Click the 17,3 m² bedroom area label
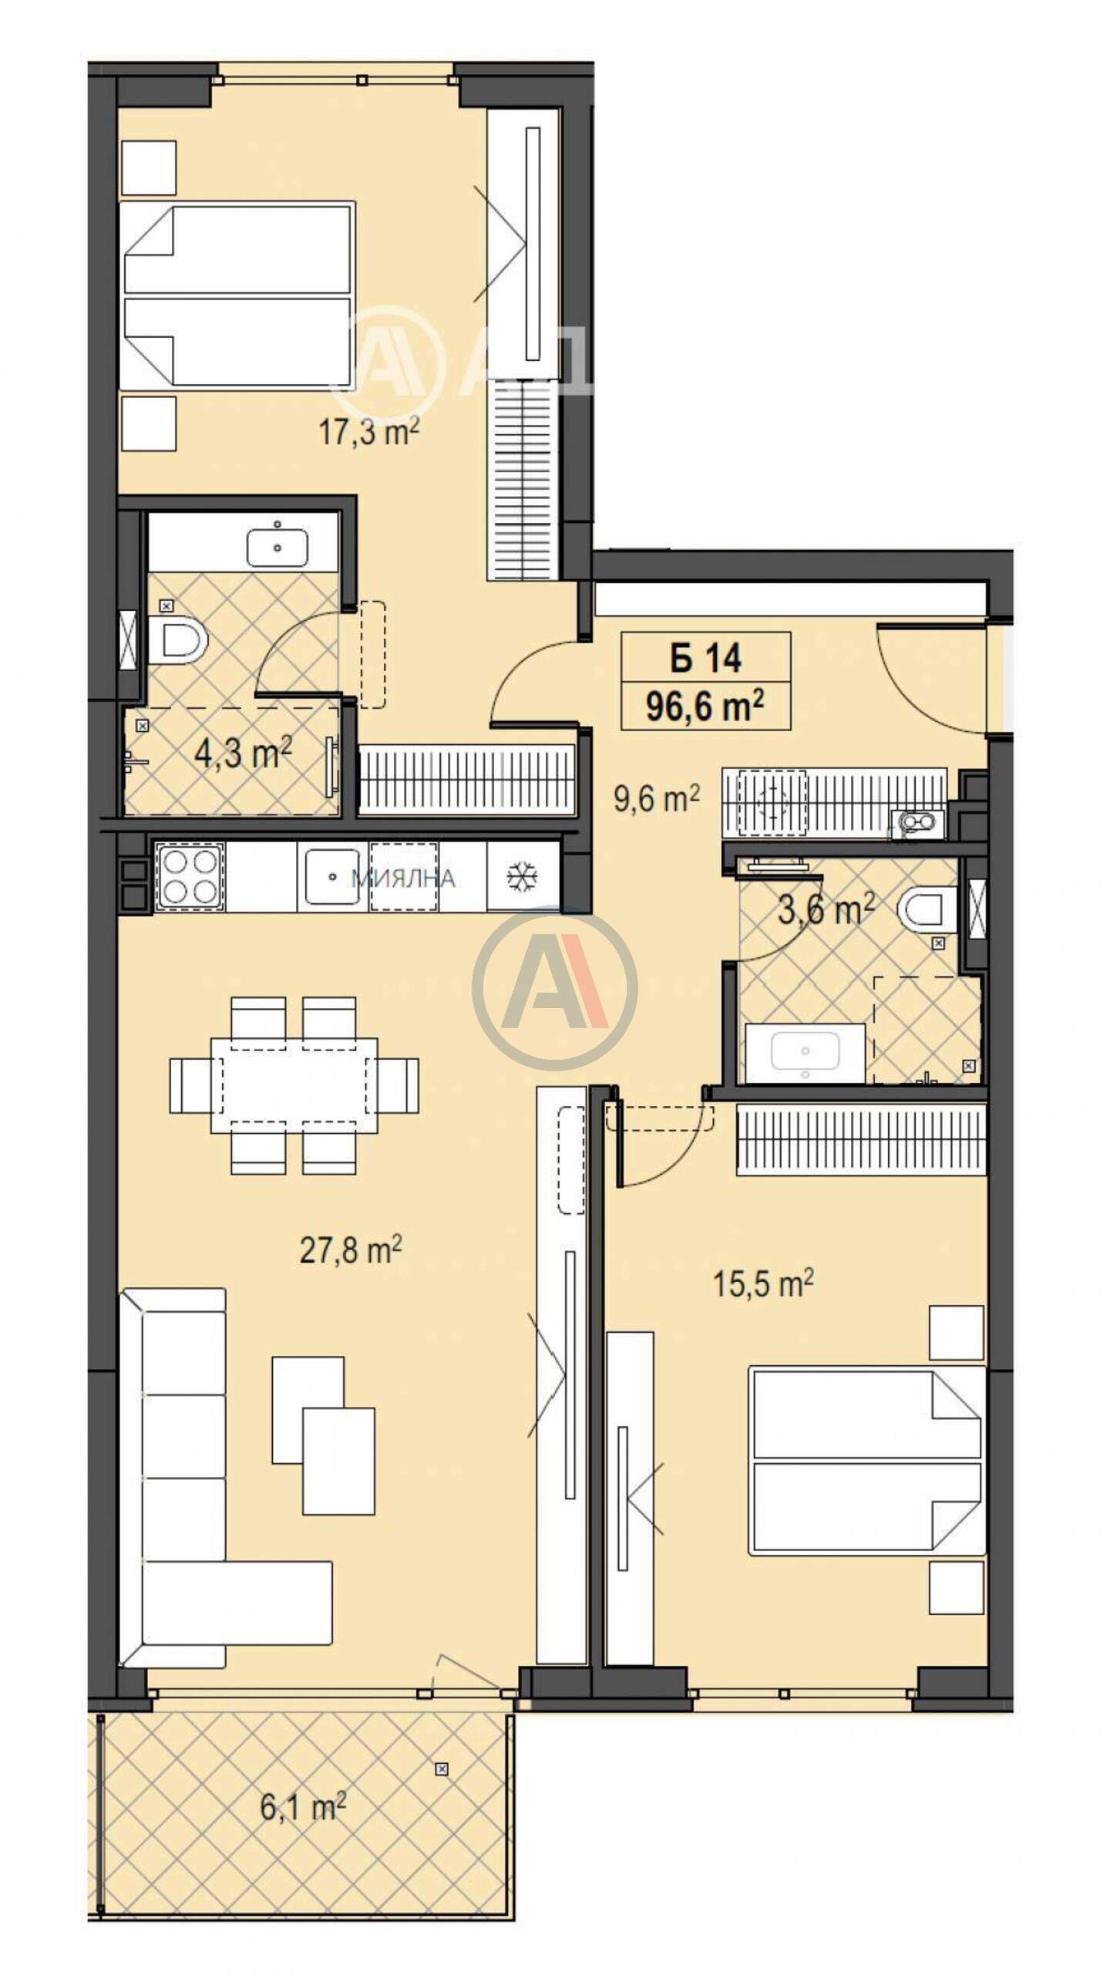(368, 431)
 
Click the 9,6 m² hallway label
(656, 798)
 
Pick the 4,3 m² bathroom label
(243, 752)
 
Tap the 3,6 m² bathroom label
(826, 909)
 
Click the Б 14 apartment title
(705, 658)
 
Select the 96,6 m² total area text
(705, 705)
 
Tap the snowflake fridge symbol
(523, 877)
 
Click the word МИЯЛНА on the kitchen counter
(402, 878)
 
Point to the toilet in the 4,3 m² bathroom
(178, 640)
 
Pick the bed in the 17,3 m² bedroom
(239, 294)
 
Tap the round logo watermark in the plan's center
(554, 987)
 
